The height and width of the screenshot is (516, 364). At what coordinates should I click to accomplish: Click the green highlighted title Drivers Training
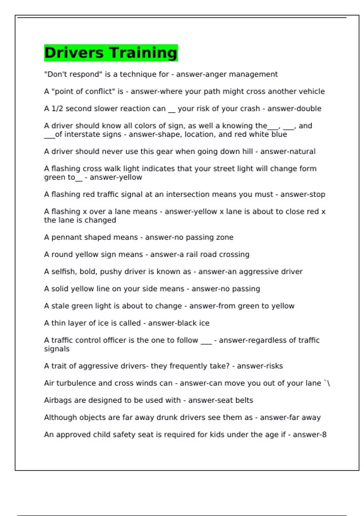pos(111,53)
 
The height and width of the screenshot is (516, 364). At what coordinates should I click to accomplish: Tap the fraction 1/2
pos(57,109)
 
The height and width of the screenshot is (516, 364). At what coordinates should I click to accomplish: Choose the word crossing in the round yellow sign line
pos(234,255)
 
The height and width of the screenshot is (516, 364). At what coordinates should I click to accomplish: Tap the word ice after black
pos(204,323)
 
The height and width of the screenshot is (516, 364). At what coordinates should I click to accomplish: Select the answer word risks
pos(275,366)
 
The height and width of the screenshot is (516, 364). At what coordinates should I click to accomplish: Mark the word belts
pos(244,400)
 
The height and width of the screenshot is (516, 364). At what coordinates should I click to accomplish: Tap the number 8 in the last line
pos(324,435)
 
